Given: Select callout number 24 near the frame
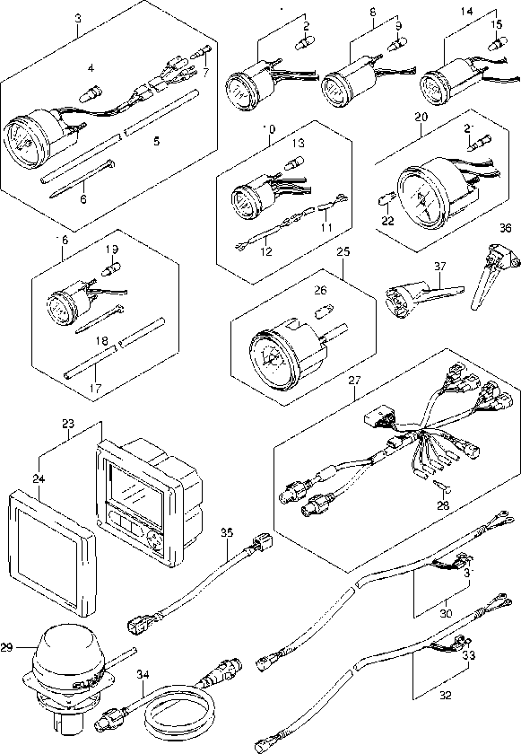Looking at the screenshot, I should tap(39, 480).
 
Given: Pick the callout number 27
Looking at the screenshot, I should tap(353, 381).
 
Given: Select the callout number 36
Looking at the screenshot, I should tap(506, 229).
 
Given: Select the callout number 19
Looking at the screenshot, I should tap(112, 249).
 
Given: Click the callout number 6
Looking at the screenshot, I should tap(82, 199).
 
